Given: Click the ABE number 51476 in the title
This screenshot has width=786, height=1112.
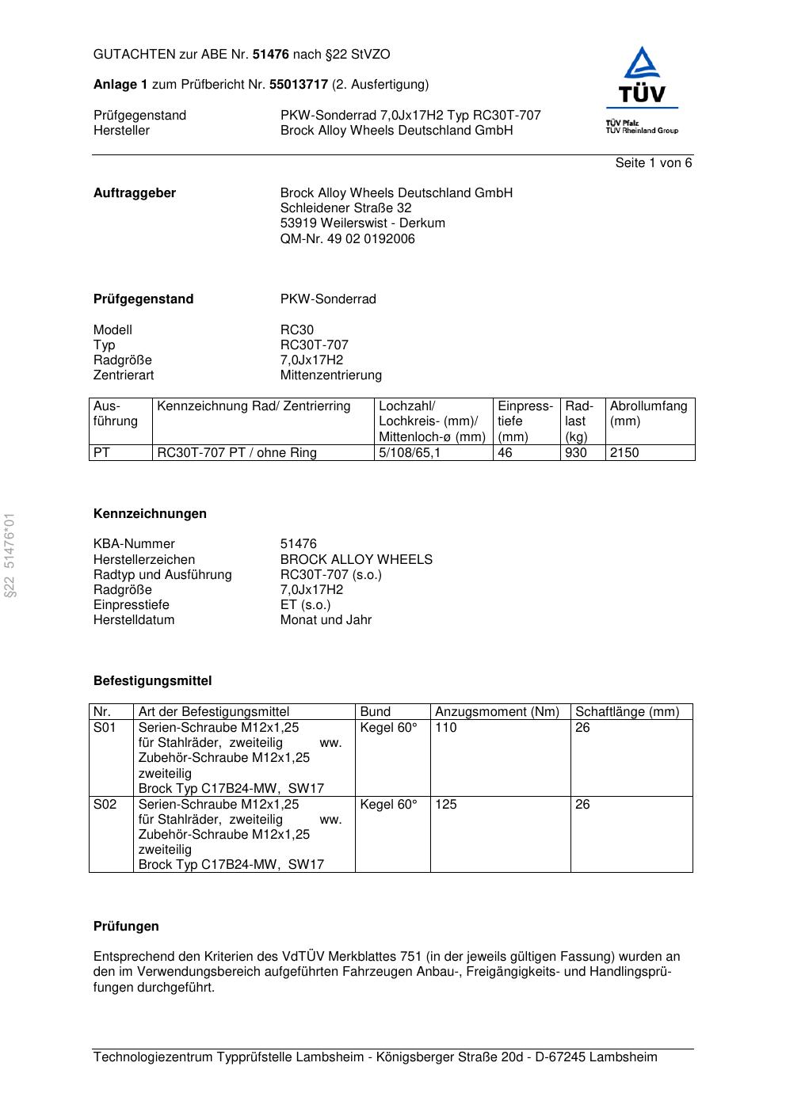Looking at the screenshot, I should pos(271,55).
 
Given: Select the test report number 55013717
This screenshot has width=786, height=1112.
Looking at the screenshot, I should pos(299,85).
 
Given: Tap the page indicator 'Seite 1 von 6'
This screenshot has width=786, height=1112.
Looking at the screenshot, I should pos(653,163).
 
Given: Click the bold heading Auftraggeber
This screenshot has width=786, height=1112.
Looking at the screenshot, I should pos(135,193).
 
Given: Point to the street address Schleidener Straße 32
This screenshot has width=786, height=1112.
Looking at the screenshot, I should pos(345,208).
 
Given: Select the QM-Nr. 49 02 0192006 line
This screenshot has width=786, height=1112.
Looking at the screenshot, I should pos(347,239).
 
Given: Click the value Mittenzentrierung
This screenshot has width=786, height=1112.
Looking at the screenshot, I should pos(330,375).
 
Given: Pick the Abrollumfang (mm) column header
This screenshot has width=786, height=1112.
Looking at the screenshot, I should pos(648,413).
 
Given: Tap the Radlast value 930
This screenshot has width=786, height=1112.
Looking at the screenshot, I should pos(576,453).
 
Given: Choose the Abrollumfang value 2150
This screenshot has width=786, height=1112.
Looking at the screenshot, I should pos(624,453).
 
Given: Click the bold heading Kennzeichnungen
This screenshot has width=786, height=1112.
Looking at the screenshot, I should pos(150,514).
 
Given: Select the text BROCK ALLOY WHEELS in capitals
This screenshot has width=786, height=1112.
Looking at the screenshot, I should pos(356,560).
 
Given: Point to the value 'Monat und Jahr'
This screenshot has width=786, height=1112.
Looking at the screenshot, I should pos(326,620).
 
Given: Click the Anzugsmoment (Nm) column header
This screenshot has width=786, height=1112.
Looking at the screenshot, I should pos(497,712).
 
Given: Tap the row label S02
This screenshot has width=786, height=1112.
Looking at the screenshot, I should pos(105,805).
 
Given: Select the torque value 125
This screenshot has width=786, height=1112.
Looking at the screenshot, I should pos(446,805).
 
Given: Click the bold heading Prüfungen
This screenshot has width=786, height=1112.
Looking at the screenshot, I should pos(126,927).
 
